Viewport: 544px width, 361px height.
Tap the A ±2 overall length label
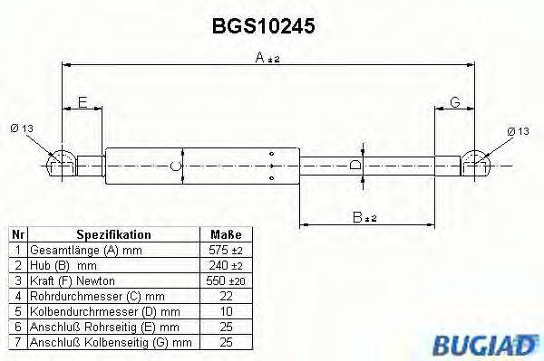tap(267, 58)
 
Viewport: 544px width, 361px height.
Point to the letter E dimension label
tap(83, 102)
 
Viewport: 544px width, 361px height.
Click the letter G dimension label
tap(454, 102)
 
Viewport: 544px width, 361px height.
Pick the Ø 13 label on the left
tap(22, 129)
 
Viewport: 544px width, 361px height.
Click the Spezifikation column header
tap(113, 234)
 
